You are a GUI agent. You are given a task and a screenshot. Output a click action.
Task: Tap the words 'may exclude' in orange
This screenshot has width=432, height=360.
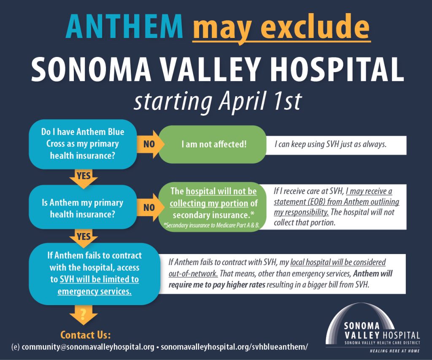tap(281, 27)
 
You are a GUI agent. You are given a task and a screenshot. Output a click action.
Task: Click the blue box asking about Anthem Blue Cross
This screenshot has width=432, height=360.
tap(83, 144)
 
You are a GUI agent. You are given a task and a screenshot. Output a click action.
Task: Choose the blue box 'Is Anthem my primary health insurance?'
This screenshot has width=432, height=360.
tap(83, 208)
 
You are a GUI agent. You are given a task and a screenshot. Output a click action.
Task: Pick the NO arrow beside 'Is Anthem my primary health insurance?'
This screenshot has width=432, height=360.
tap(149, 207)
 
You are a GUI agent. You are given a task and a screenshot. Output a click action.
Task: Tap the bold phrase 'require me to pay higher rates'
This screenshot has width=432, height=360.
tap(217, 285)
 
